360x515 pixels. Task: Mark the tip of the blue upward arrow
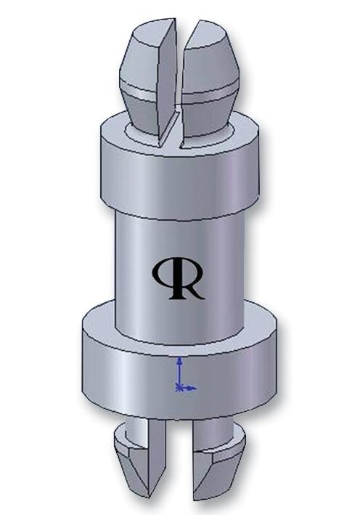179,359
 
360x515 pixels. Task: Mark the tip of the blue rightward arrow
195,388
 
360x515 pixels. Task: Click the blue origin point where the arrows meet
179,388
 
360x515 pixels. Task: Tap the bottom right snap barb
218,469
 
